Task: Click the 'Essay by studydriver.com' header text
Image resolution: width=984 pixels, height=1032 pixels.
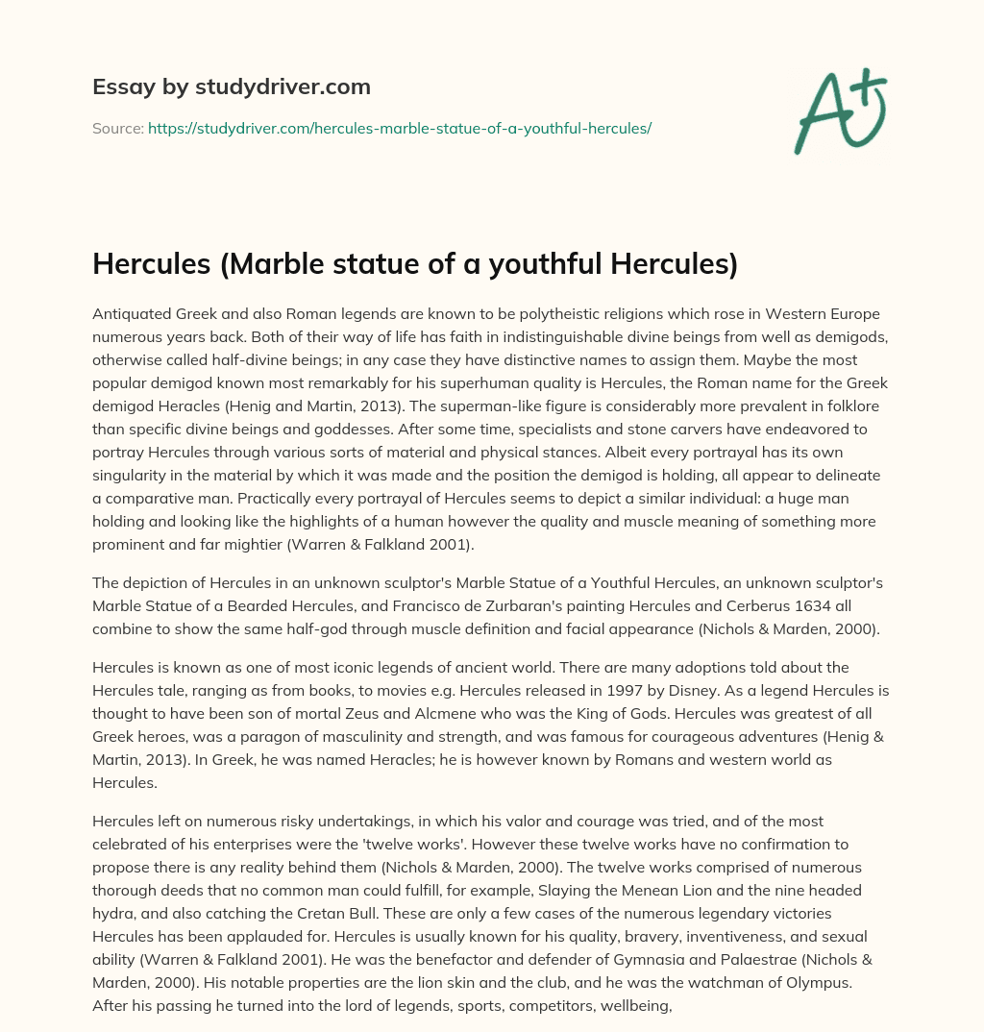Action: pyautogui.click(x=231, y=87)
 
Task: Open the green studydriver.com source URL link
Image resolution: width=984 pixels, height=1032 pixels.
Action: pyautogui.click(x=399, y=128)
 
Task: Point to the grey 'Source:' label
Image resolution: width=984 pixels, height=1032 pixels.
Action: pyautogui.click(x=117, y=128)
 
